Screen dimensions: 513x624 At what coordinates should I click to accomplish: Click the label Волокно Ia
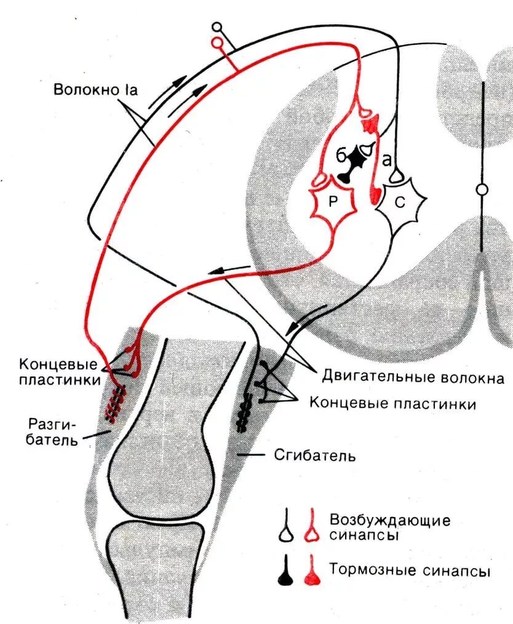(95, 90)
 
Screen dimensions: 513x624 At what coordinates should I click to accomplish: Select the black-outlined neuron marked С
(400, 204)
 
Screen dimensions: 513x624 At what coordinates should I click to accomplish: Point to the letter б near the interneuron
(340, 155)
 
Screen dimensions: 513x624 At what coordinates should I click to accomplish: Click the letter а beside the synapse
(386, 159)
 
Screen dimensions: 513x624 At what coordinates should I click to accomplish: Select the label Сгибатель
(313, 456)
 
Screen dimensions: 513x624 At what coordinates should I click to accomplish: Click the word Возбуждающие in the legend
(389, 520)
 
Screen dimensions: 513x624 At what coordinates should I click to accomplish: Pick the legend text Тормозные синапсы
(409, 570)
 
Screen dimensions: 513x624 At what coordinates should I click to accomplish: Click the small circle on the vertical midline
(482, 190)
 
